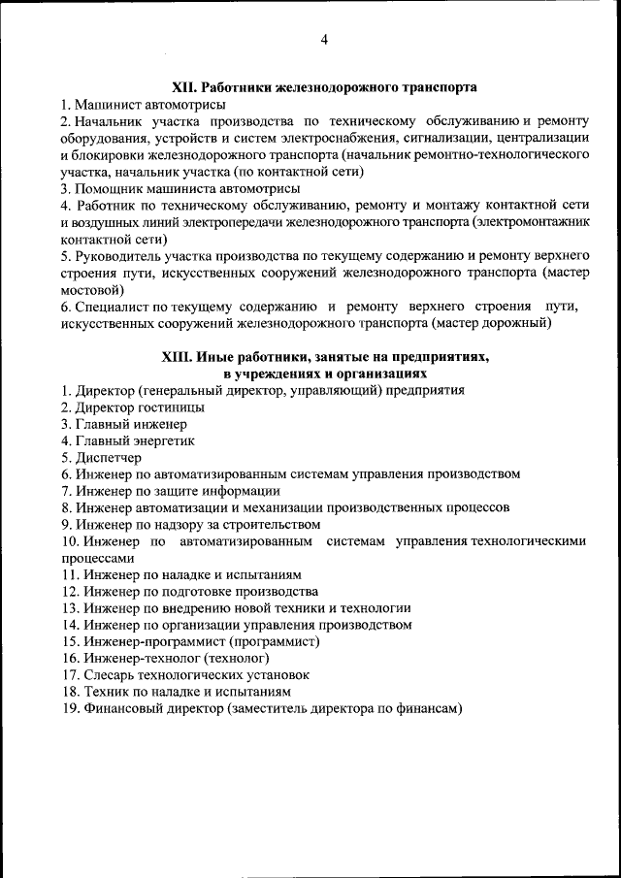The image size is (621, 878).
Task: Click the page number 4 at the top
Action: (x=324, y=39)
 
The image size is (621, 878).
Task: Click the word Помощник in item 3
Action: (x=106, y=187)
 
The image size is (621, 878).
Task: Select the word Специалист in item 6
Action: (x=110, y=307)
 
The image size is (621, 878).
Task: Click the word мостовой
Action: (x=92, y=290)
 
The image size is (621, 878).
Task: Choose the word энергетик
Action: (x=156, y=440)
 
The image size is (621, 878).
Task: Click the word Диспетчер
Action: (x=108, y=457)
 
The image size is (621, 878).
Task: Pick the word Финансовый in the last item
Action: (x=122, y=708)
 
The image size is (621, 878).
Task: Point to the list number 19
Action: (x=69, y=708)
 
